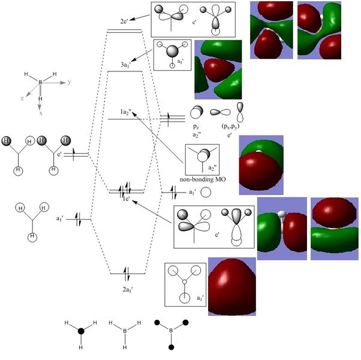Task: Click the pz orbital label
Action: coord(195,127)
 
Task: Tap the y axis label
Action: coord(70,81)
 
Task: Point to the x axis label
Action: coord(40,112)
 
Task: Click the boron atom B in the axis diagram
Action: coord(40,82)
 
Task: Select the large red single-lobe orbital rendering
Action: coord(231,286)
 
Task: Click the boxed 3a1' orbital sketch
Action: coord(172,55)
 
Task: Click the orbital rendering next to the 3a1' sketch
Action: coord(218,69)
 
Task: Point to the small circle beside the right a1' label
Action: coord(206,193)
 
